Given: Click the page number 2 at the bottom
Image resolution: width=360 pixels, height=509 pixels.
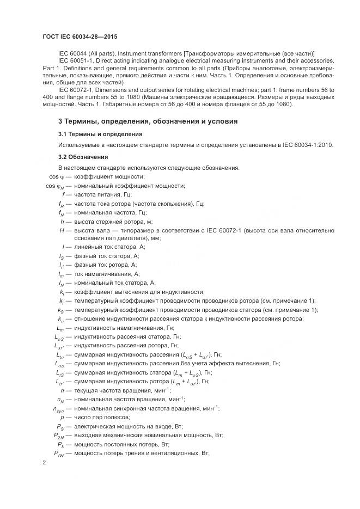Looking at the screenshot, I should [x=44, y=463].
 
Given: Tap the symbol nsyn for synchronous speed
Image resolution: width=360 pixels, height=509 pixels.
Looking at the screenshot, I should [x=58, y=409].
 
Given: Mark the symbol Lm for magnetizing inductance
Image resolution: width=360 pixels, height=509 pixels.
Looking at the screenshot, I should [x=60, y=328].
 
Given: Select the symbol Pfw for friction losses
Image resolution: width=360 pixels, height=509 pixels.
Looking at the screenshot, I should [x=59, y=453].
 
